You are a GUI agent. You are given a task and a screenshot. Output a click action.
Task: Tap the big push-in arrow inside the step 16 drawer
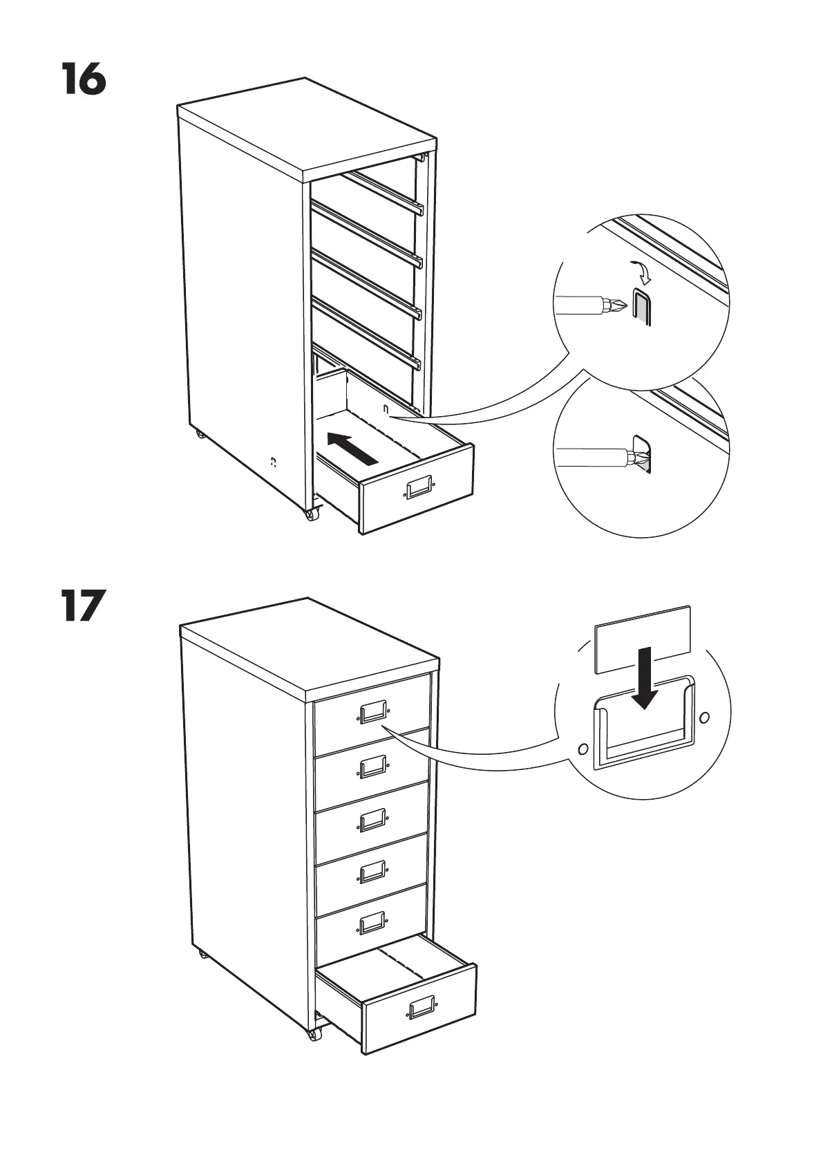pos(352,448)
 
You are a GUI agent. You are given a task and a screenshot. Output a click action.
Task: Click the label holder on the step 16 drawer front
pos(419,488)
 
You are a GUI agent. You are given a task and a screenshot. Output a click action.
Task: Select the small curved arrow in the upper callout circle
pos(644,273)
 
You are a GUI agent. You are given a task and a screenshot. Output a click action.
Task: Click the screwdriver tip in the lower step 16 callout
pos(638,457)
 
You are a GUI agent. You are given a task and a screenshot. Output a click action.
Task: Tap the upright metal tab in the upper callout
pos(641,309)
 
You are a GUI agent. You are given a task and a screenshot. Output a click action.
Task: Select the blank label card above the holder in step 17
pos(643,639)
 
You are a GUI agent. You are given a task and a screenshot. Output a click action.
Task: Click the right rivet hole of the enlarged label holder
pos(705,717)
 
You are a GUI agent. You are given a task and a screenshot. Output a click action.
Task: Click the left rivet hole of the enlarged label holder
pos(583,749)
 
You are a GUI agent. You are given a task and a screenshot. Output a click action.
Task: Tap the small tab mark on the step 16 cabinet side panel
pos(274,461)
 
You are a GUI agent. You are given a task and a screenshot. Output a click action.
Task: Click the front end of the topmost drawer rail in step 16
pos(418,207)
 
